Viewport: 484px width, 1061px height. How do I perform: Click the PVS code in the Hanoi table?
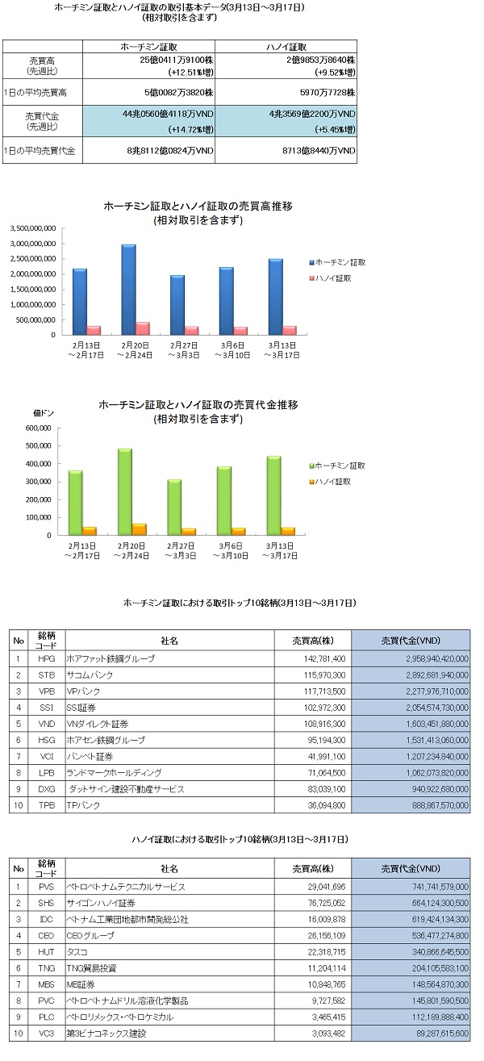coord(46,886)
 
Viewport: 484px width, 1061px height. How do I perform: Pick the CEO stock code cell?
coord(46,935)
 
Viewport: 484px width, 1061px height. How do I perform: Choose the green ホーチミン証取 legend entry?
coord(334,466)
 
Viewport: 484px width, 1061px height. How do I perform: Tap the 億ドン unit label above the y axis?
coord(41,412)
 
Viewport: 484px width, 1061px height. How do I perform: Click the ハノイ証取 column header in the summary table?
coord(289,45)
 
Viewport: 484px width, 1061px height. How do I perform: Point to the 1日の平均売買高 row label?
coord(43,90)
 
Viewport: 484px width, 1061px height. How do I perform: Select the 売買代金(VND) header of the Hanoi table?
coord(411,867)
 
